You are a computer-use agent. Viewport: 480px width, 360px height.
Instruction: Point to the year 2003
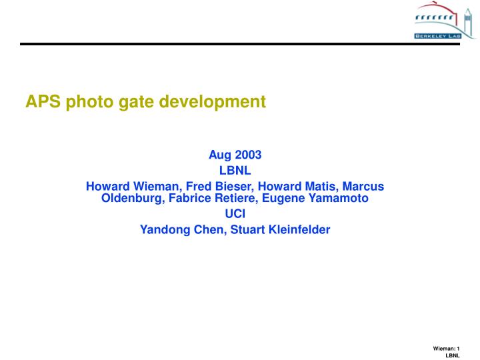247,155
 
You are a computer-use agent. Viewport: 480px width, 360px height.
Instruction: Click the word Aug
220,155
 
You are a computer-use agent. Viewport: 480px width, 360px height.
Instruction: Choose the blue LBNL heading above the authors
235,171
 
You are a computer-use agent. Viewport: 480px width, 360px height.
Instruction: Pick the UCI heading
235,214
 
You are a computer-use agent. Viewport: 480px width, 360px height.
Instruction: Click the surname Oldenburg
131,198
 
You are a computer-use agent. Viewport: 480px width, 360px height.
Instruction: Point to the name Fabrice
191,198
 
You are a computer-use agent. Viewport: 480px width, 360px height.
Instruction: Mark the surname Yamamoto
338,198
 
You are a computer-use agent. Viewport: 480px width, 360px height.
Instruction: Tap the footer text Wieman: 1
447,349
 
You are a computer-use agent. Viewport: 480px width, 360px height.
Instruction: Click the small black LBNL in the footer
453,356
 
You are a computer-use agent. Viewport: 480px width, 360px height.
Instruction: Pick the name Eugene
285,198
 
